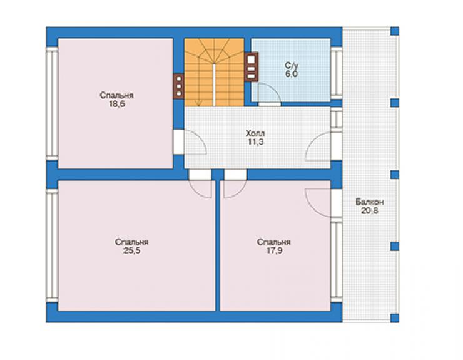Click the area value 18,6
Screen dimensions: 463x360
tap(117, 104)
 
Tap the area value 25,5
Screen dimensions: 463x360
tap(131, 250)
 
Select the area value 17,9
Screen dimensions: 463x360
tap(274, 250)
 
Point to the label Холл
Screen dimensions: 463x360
tap(255, 133)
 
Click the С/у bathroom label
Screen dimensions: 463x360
tap(292, 65)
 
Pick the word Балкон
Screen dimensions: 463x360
tap(370, 202)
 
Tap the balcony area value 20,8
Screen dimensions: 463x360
tap(370, 211)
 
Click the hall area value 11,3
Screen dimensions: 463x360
tap(256, 142)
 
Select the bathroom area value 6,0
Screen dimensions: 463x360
tap(292, 74)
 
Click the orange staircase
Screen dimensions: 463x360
tap(215, 72)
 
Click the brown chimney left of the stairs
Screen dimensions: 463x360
tap(179, 86)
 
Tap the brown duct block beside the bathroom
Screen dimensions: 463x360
tap(251, 67)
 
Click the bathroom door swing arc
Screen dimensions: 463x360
tap(276, 89)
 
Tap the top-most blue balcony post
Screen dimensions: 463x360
tap(395, 31)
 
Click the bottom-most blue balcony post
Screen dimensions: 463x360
tap(395, 318)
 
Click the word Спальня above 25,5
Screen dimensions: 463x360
tap(131, 242)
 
